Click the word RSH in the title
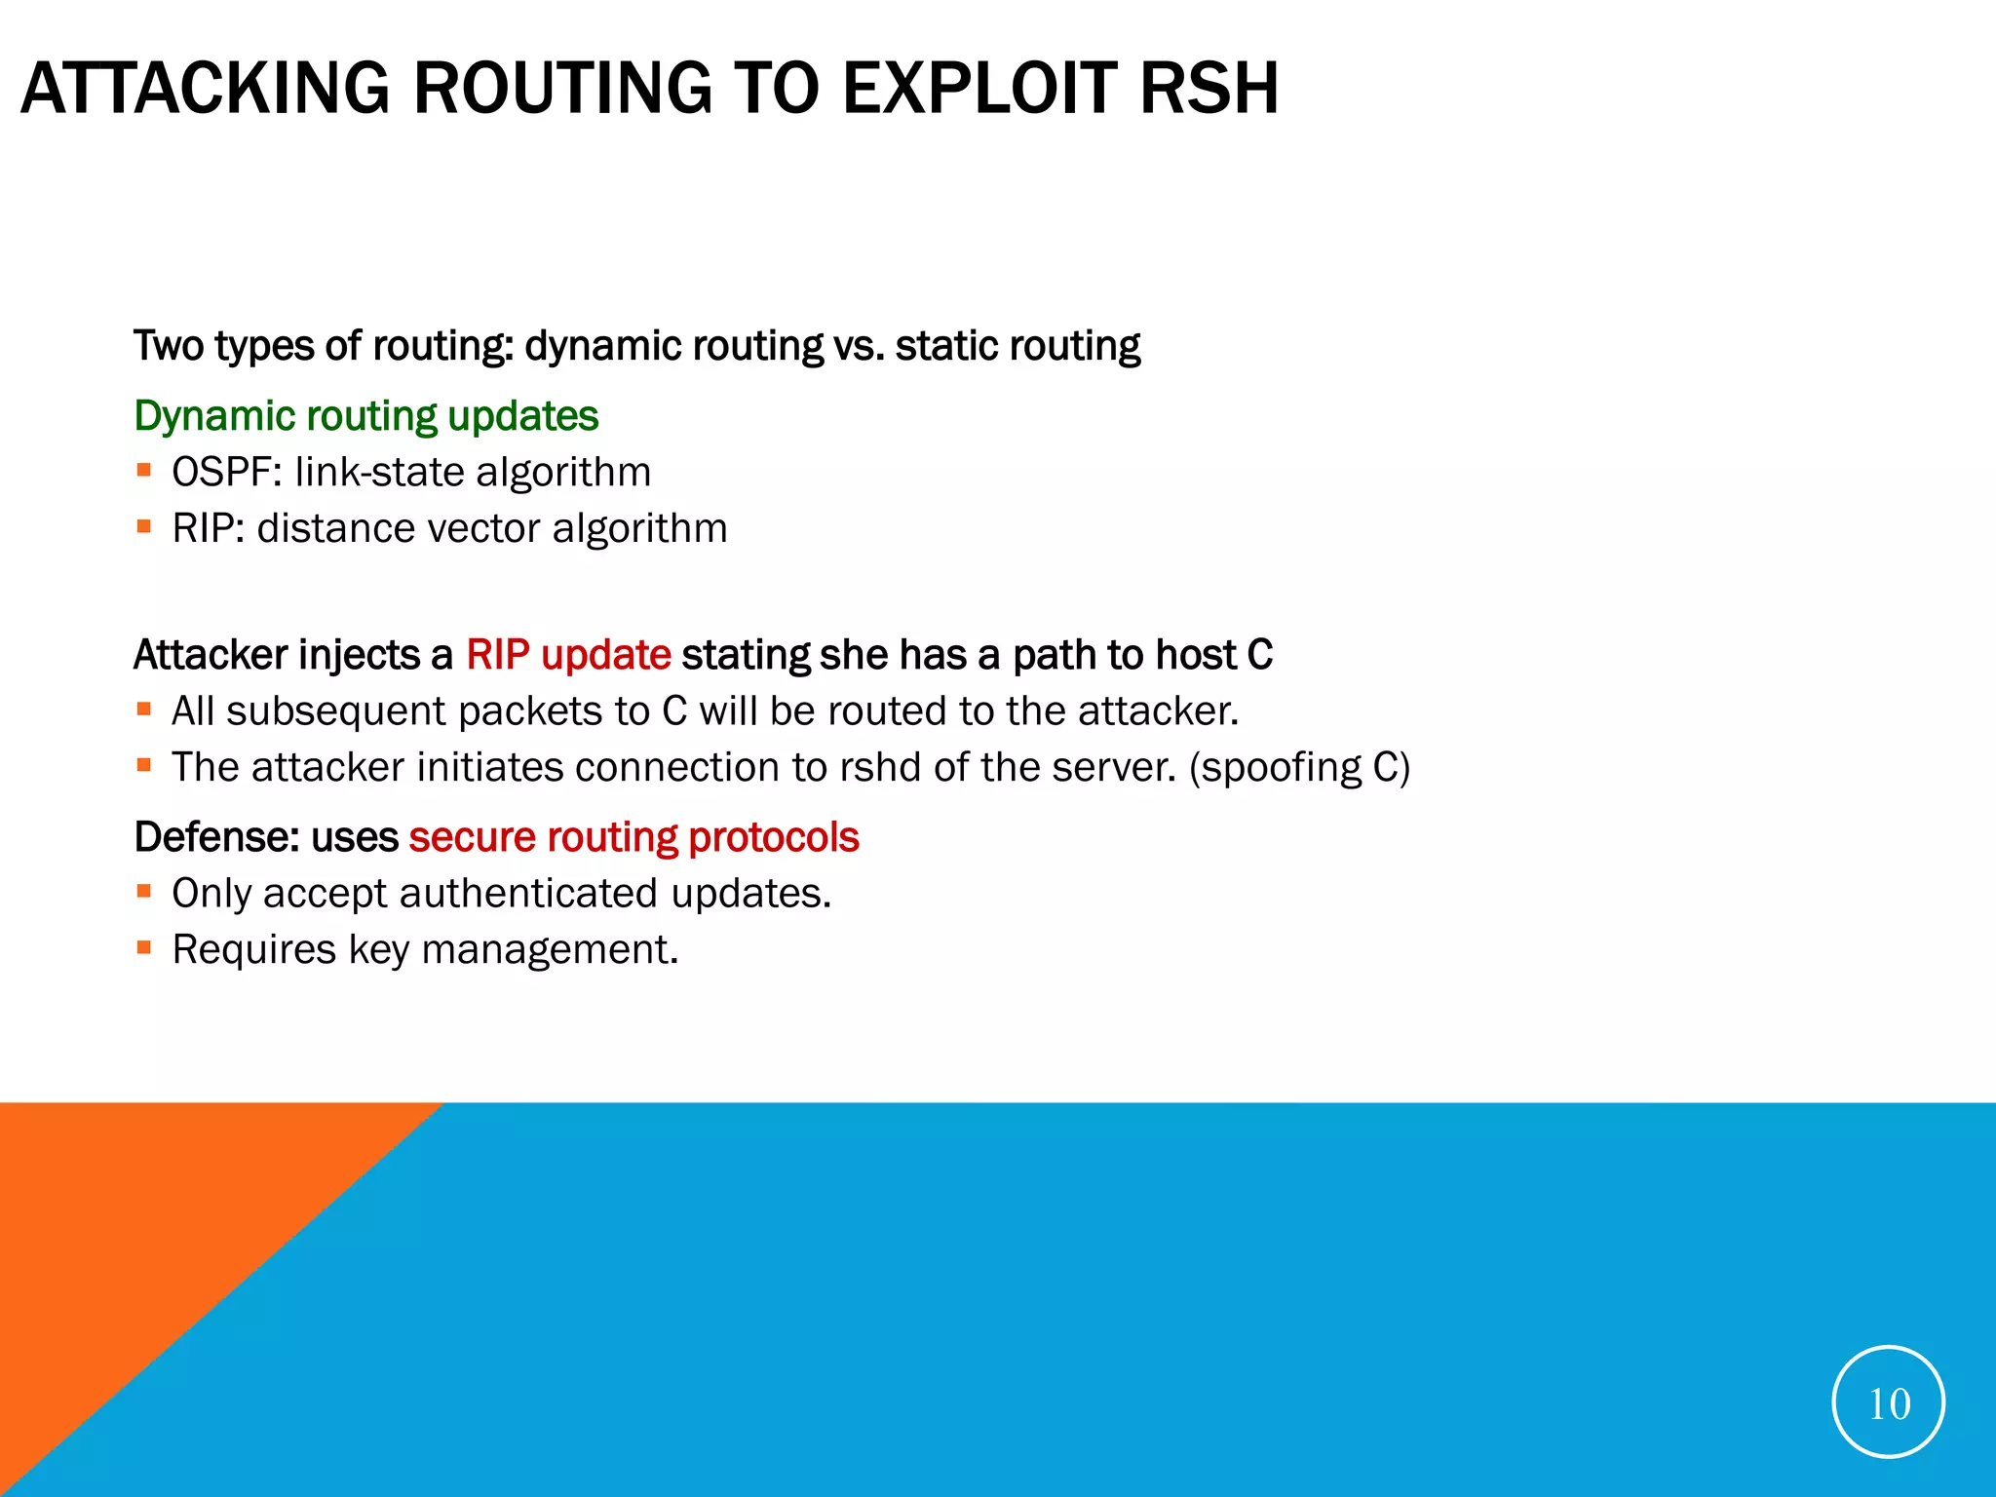coord(1208,89)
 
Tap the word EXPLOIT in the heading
coord(979,89)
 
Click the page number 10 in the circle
coord(1888,1403)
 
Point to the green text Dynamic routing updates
coord(365,416)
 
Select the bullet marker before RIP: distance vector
coord(144,527)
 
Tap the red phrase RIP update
coord(568,655)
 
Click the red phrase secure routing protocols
coord(633,837)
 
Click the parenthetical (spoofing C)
coord(1299,768)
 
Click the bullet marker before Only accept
coord(144,891)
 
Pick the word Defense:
coord(216,837)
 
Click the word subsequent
coord(336,711)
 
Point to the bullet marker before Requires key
coord(144,947)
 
